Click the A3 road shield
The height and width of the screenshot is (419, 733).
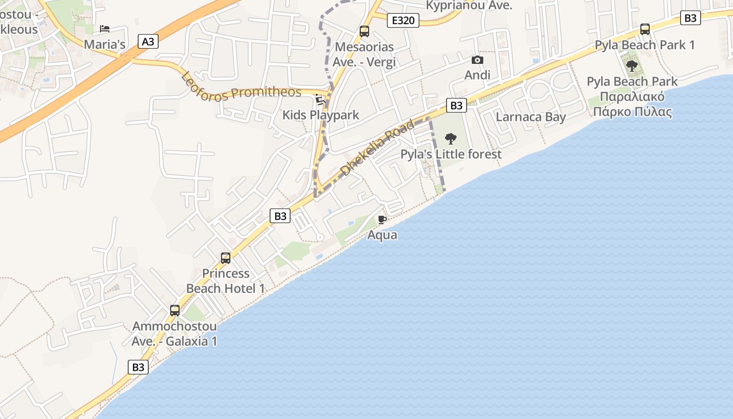(x=148, y=41)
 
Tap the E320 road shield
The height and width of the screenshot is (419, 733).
(x=403, y=20)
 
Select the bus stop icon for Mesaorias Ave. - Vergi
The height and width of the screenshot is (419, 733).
(x=364, y=31)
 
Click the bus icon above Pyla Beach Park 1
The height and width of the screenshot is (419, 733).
(x=645, y=29)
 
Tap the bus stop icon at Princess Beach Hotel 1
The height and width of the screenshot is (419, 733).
(x=226, y=258)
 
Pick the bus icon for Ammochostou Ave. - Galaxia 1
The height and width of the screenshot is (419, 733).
(x=175, y=310)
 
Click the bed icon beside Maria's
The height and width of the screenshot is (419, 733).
(x=105, y=29)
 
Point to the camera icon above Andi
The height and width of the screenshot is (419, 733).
(x=477, y=60)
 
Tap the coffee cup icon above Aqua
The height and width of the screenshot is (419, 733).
(x=382, y=219)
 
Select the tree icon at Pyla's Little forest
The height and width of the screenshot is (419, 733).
(x=451, y=139)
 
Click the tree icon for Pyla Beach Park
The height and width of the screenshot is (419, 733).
(x=632, y=66)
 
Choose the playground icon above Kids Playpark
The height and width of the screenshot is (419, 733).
(x=320, y=100)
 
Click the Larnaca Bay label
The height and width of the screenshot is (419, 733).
(x=530, y=117)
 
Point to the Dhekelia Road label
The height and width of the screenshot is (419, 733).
(x=376, y=148)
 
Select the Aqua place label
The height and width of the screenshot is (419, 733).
(x=382, y=235)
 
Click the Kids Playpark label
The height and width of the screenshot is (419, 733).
(x=320, y=115)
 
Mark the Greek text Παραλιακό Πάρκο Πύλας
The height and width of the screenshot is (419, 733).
(x=632, y=104)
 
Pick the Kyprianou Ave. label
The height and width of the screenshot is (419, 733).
(x=469, y=6)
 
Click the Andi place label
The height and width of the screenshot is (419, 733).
(x=477, y=75)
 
